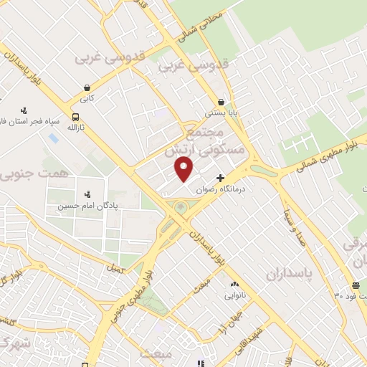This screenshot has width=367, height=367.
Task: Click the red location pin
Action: pos(184,169)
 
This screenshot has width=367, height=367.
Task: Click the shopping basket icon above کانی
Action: pos(86,89)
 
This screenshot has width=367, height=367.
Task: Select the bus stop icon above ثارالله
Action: pos(76,116)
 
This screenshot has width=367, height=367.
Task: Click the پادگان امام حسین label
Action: pos(88,206)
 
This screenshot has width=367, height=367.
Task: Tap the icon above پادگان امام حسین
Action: pos(88,194)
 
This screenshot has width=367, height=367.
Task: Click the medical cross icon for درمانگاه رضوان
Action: pos(219,178)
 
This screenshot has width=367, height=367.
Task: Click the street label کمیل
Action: pos(113,268)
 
